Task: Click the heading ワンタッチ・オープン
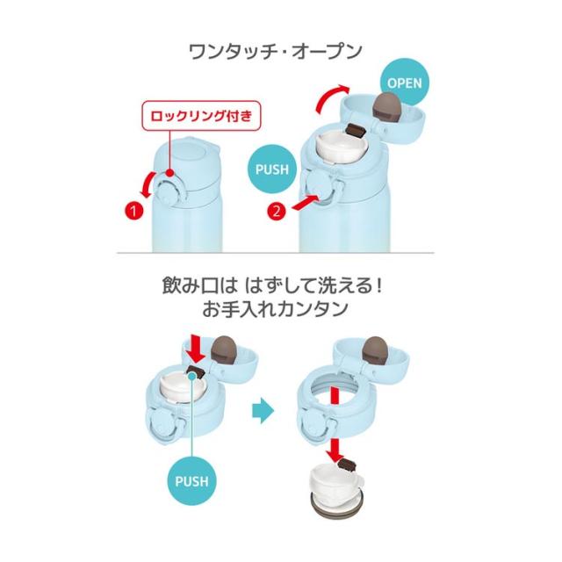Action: [275, 52]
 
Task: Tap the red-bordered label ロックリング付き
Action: [201, 116]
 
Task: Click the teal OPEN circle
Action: [404, 83]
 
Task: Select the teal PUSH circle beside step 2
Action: [272, 169]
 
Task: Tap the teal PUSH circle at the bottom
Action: [191, 481]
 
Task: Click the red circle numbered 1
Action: [133, 211]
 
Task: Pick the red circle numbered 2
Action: [277, 212]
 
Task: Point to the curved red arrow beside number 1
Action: [148, 184]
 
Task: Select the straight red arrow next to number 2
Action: [305, 203]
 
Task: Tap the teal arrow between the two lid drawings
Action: [263, 411]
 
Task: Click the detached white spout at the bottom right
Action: [335, 490]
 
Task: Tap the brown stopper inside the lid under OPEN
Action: [387, 107]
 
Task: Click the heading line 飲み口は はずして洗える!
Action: [273, 285]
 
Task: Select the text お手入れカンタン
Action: [275, 309]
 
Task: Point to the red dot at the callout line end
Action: [170, 173]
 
